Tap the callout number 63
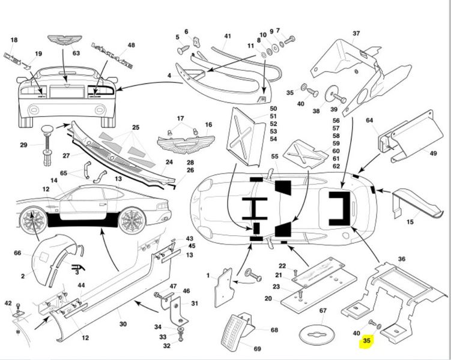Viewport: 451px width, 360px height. click(x=76, y=53)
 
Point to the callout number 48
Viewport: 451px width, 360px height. click(x=131, y=44)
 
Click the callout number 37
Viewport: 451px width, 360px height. click(x=356, y=33)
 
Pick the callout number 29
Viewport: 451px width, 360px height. click(x=23, y=145)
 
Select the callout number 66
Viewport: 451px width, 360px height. click(x=17, y=254)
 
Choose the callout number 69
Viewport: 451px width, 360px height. click(x=257, y=349)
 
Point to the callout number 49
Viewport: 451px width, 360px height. click(x=433, y=153)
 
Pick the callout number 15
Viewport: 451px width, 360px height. click(x=410, y=223)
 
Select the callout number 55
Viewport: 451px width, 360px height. click(x=274, y=156)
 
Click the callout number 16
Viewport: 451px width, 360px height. click(x=208, y=125)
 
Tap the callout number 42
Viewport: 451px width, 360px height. click(x=8, y=304)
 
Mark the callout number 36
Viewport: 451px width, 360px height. click(x=402, y=259)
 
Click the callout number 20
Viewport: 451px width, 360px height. click(x=268, y=298)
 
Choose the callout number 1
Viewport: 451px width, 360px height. click(x=208, y=275)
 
